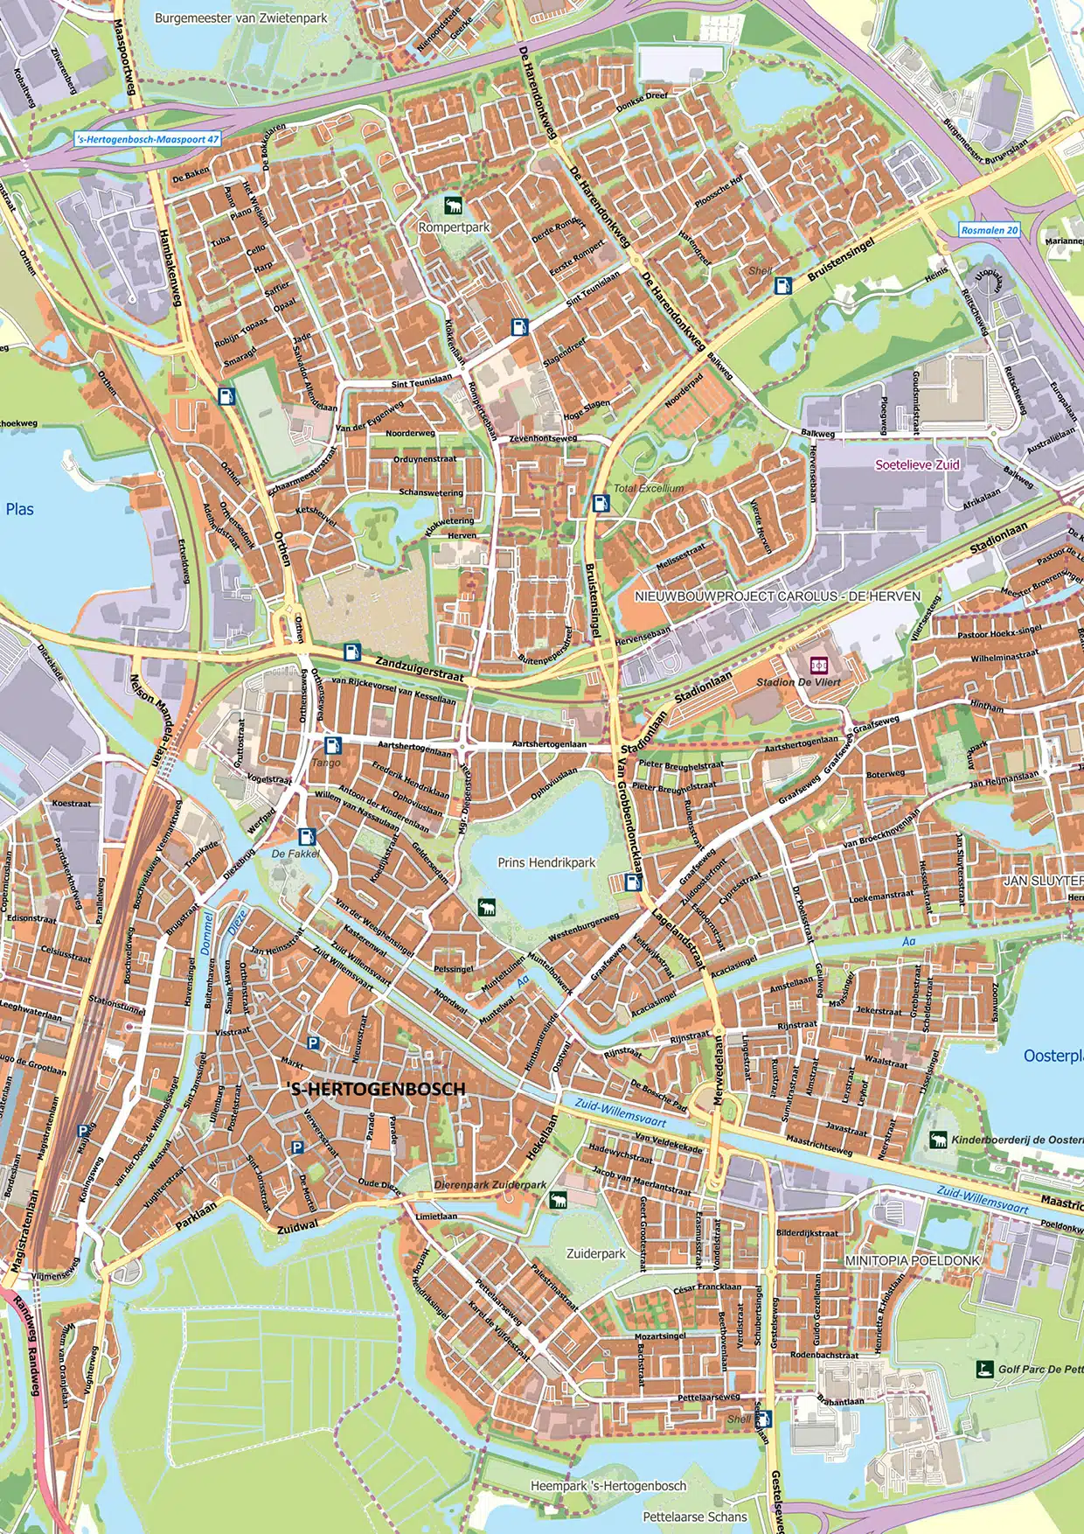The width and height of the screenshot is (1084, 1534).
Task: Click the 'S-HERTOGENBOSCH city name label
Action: point(376,1089)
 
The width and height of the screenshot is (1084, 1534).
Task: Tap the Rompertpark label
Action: point(454,227)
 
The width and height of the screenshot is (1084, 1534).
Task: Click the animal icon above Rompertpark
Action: point(454,206)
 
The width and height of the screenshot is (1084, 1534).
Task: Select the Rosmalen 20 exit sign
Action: point(990,230)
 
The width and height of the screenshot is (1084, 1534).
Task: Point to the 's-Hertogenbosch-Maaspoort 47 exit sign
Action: point(148,139)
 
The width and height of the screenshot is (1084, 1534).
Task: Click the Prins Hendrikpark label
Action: point(546,862)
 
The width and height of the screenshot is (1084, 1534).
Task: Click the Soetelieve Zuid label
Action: point(917,465)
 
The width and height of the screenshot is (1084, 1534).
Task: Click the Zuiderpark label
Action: point(596,1253)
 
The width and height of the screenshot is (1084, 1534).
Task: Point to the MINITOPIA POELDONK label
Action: point(913,1260)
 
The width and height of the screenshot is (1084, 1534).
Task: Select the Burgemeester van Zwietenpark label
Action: point(240,17)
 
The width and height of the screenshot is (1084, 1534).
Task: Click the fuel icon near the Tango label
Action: point(331,745)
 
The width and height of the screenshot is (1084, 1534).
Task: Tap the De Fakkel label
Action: point(295,853)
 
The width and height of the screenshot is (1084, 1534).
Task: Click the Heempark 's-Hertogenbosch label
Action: point(608,1486)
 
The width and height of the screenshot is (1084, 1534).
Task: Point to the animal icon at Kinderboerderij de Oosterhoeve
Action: point(939,1140)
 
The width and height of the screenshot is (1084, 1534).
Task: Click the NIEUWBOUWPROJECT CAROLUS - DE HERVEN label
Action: point(777,596)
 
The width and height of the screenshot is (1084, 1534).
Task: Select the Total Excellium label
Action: point(649,488)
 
